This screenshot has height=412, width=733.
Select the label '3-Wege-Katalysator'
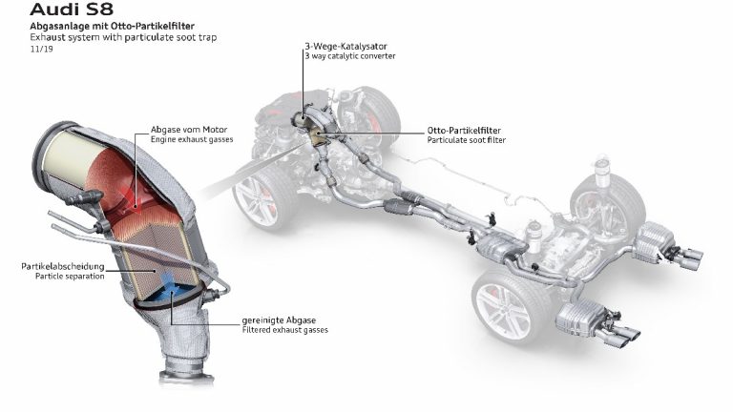pos(346,46)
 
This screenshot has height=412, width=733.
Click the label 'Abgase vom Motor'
pos(189,129)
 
